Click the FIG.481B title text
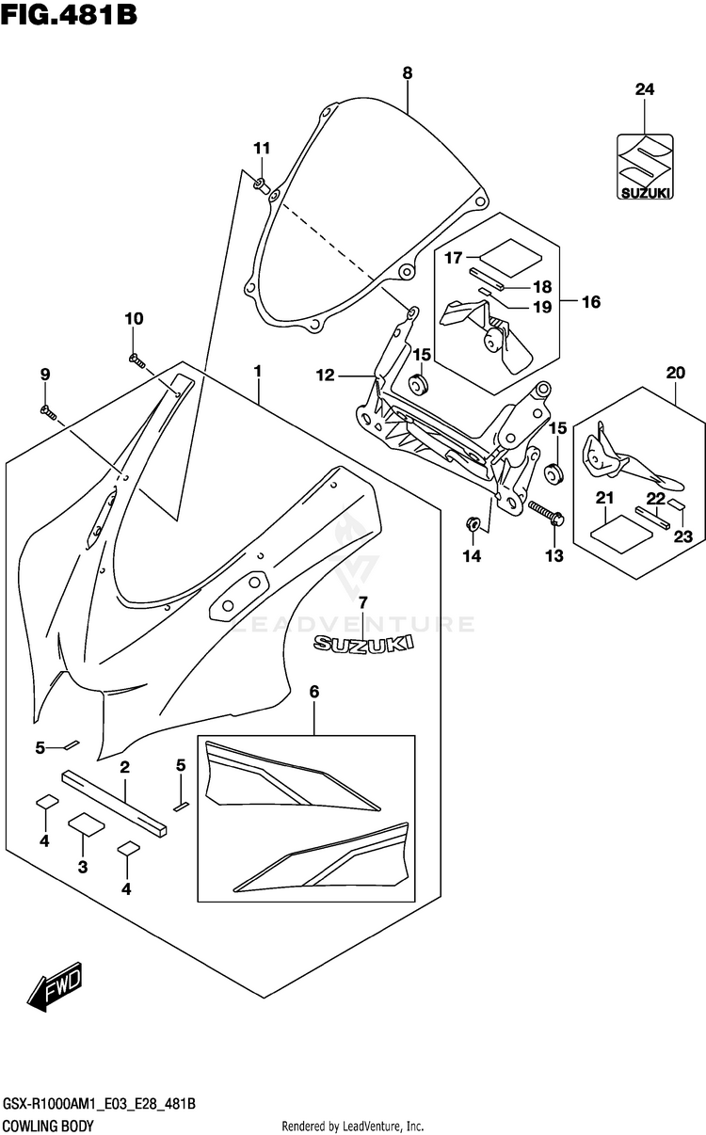coord(69,15)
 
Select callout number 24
coord(645,89)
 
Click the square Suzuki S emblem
coord(645,167)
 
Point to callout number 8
coord(408,73)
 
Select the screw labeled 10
coord(136,360)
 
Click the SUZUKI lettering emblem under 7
coord(363,644)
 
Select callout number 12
coord(326,376)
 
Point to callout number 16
coord(591,302)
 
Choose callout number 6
coord(314,691)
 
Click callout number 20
coord(676,373)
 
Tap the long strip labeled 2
coord(114,803)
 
